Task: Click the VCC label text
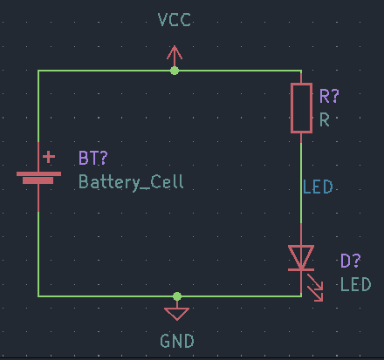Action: [175, 20]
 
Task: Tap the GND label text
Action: [177, 341]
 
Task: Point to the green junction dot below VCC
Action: [175, 71]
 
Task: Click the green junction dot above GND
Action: [177, 296]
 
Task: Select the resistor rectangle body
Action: [301, 108]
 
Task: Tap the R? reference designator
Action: [329, 96]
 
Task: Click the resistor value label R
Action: [325, 119]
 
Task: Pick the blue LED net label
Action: [318, 187]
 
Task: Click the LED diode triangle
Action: [301, 256]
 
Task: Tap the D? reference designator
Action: [351, 261]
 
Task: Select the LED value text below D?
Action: [356, 284]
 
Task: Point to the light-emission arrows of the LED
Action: [315, 288]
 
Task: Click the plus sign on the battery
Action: [49, 157]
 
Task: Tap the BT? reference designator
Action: [93, 158]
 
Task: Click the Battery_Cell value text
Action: [131, 182]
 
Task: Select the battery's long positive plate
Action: [38, 173]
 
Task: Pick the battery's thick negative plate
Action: [38, 180]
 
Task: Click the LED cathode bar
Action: [301, 270]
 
